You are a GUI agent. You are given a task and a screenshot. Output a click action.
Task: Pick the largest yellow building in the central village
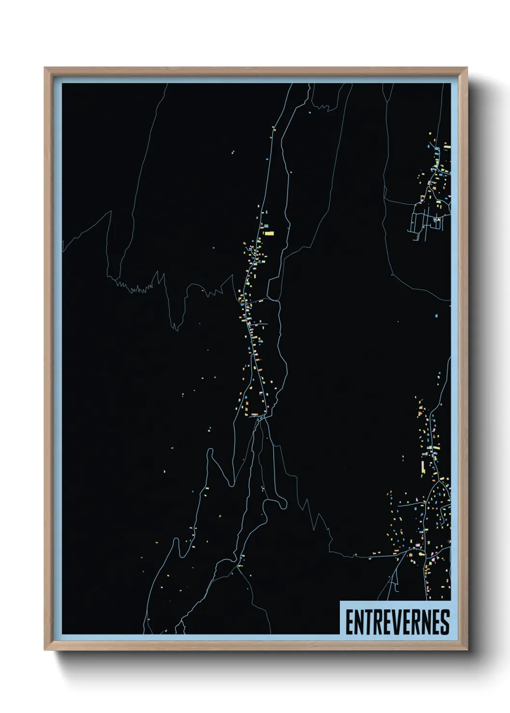pos(268,233)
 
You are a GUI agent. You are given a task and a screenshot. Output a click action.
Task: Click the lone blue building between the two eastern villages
pos(436,316)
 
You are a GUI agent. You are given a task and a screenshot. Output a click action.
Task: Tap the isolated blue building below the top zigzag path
pos(317,112)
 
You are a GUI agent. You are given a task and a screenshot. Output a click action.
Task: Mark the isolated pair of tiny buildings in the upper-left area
pos(232,153)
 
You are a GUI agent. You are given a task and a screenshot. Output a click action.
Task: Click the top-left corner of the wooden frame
pos(45,68)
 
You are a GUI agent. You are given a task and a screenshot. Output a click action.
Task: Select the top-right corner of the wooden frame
pos(467,68)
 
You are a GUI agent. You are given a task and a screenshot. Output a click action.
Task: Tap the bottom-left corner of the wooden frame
pos(45,650)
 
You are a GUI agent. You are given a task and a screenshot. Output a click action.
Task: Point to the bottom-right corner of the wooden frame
pos(467,650)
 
